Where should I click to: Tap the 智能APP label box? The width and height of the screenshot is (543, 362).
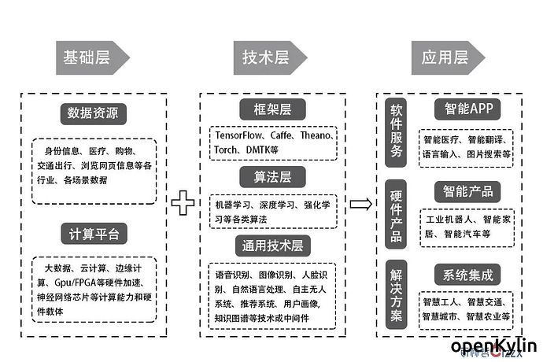467,108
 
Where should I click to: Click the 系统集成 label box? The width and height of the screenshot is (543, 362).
467,275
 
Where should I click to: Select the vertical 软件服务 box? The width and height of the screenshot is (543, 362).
396,133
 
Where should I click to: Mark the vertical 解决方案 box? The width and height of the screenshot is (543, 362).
396,296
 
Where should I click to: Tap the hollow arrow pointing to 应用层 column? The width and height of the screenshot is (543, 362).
360,204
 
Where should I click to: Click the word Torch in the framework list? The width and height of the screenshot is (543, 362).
228,149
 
